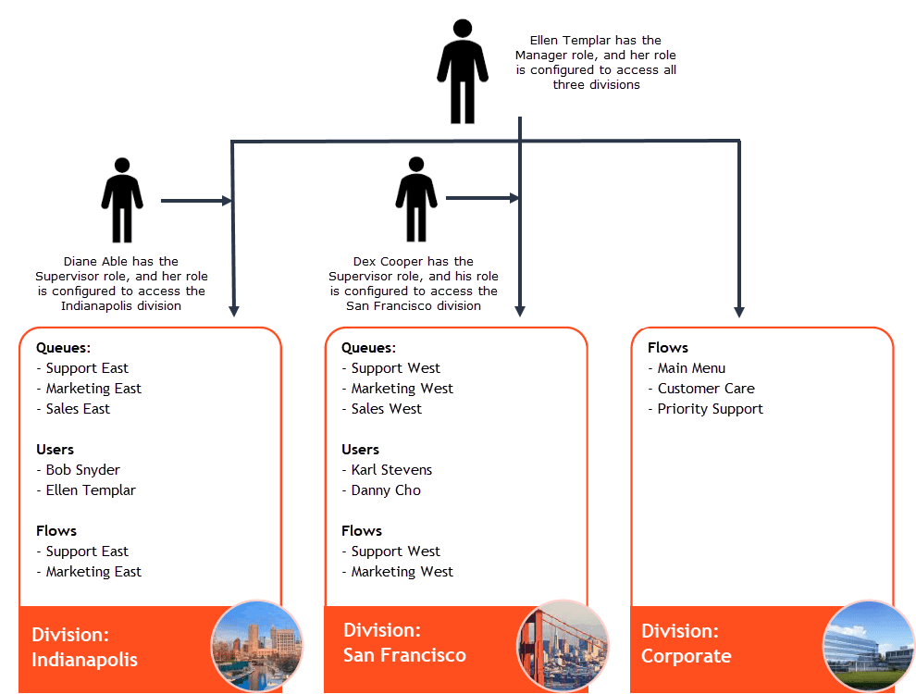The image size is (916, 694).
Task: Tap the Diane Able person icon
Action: [122, 200]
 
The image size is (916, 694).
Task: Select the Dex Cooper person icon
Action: [416, 199]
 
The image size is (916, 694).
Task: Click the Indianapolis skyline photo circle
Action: [256, 647]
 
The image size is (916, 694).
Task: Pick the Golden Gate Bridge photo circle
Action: [563, 647]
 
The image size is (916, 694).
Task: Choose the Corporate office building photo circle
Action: [868, 647]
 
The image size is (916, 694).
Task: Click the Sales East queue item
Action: [78, 409]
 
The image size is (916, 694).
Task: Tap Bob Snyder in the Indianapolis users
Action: [82, 470]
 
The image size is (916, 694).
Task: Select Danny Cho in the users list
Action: [386, 490]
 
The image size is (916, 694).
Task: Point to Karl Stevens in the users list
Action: [391, 470]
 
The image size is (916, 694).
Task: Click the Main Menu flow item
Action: [691, 368]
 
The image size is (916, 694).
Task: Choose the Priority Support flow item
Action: [710, 409]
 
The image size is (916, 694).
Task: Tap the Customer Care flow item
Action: [706, 389]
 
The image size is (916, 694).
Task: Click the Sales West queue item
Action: [386, 409]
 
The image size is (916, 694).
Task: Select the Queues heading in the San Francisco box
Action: [368, 348]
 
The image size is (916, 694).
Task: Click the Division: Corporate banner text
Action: [686, 644]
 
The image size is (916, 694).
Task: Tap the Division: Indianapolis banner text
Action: [84, 648]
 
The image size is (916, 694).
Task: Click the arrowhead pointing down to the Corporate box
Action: [739, 311]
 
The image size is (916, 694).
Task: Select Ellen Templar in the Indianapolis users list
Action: [91, 490]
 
